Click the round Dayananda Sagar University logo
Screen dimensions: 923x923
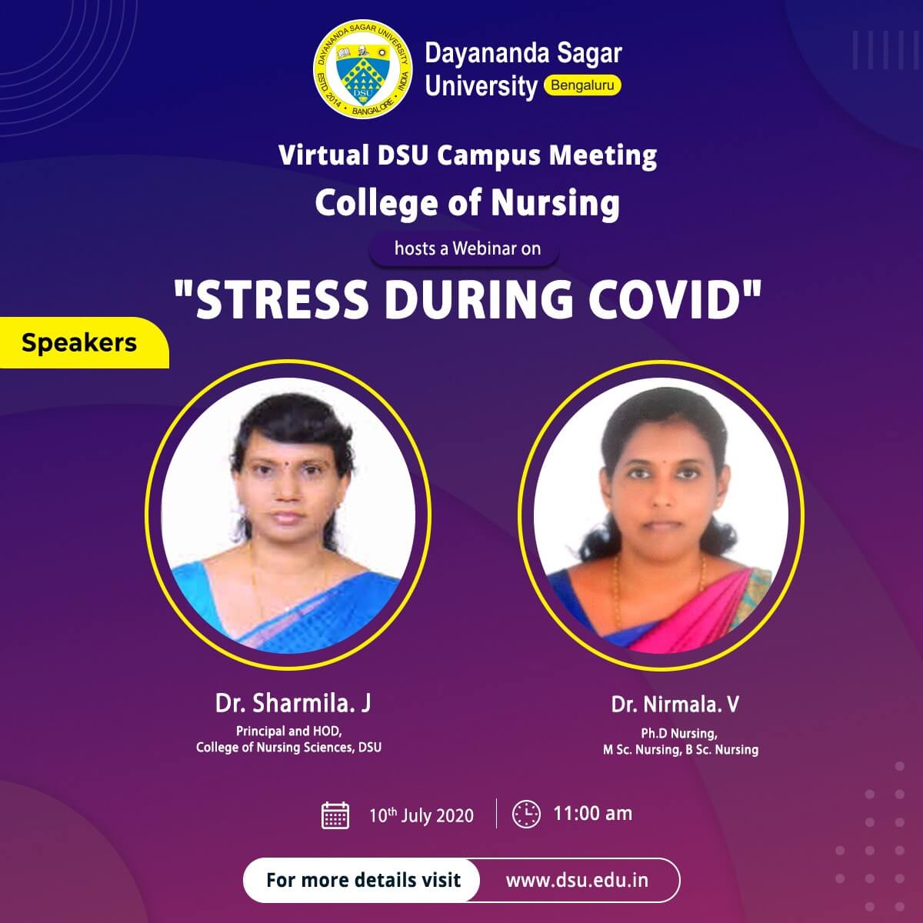tap(362, 69)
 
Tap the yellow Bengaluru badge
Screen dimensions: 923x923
tap(582, 85)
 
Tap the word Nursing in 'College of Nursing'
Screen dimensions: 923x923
tap(555, 204)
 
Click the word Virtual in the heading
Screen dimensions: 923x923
tap(323, 155)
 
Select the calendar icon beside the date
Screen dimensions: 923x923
tap(335, 815)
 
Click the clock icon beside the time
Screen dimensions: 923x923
tap(526, 815)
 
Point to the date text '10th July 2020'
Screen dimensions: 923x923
tap(421, 815)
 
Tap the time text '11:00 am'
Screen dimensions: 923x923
tap(592, 813)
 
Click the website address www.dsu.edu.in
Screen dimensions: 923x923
tap(577, 880)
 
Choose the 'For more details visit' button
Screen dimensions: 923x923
tap(362, 881)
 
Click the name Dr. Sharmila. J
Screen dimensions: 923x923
tap(293, 703)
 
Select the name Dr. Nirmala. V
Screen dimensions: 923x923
tap(675, 704)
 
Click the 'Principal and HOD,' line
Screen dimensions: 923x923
tap(288, 731)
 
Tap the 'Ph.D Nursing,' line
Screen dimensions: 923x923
tap(679, 733)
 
